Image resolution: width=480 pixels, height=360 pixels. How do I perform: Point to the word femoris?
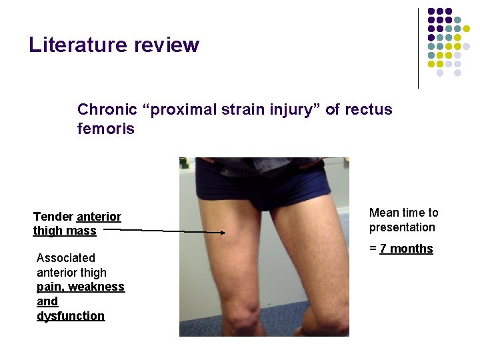(105, 129)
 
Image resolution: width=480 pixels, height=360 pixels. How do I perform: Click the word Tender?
(53, 217)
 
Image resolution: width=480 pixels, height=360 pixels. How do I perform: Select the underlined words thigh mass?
(65, 231)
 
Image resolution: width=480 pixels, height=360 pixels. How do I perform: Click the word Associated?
(66, 258)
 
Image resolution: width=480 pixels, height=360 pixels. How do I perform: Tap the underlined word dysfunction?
(71, 316)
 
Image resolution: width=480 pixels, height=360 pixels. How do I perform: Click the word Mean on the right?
(383, 213)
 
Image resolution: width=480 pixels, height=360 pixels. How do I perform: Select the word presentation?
(402, 227)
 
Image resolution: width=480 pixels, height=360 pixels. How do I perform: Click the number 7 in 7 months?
(383, 249)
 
